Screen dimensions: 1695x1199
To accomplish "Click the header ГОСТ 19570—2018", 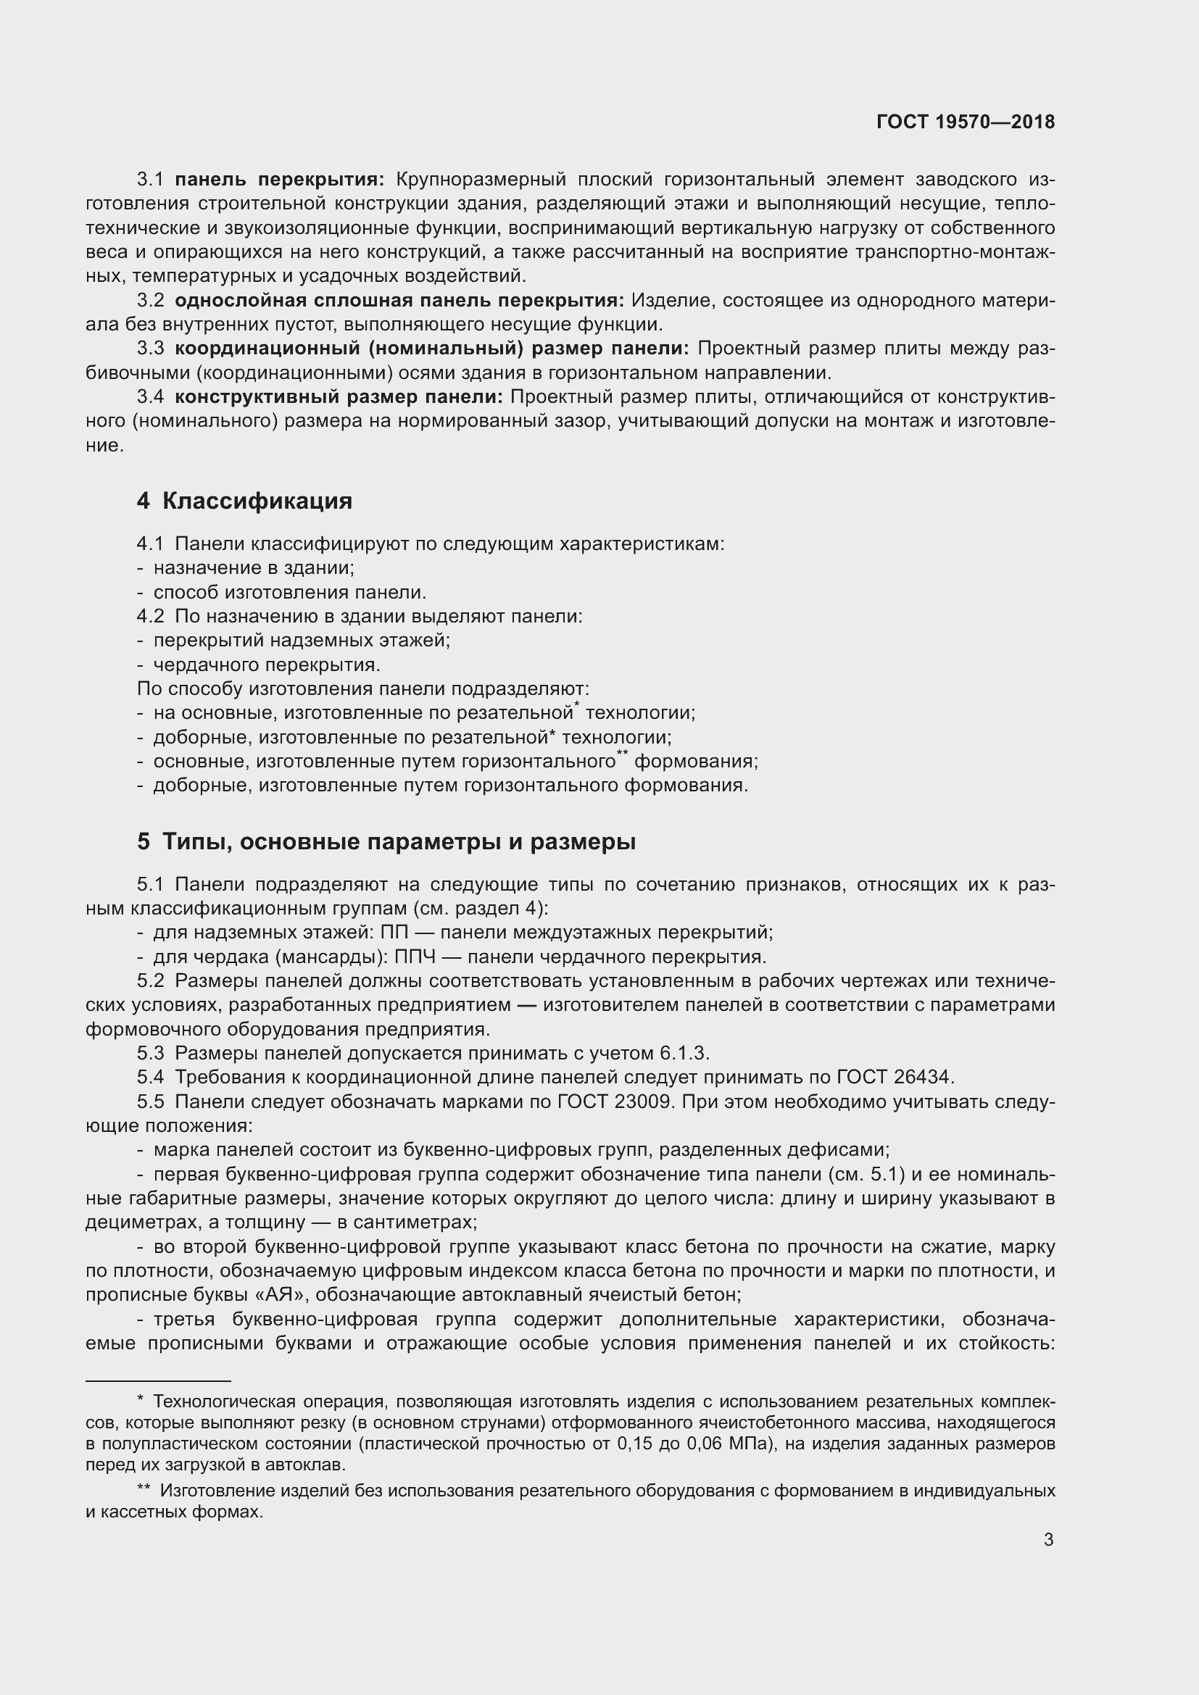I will pos(965,122).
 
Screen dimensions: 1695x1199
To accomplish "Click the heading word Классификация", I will pos(256,501).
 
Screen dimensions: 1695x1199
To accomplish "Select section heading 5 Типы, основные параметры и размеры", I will pos(386,841).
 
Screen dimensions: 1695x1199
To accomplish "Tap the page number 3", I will pos(1048,1540).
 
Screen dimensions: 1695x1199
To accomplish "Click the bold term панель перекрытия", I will pos(279,180).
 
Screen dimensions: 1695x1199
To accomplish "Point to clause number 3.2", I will pos(151,301).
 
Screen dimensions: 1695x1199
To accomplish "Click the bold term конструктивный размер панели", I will pos(338,397).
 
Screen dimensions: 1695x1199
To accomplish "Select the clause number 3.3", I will pos(151,349).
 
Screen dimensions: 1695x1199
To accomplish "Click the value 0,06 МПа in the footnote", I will pos(728,1444).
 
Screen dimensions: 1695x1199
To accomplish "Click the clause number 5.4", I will pos(151,1078).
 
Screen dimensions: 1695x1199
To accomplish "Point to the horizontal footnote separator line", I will pos(158,1380).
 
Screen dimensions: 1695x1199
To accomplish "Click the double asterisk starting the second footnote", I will pos(144,1491).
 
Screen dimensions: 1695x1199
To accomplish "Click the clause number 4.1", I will pos(151,544).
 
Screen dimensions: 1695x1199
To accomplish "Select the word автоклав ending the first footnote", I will pos(313,1465).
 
